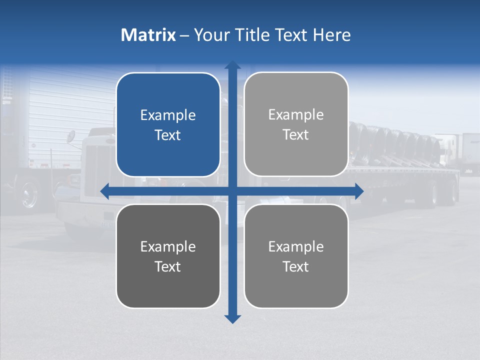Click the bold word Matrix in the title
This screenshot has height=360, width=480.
click(x=148, y=35)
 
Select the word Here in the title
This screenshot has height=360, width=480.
click(x=331, y=35)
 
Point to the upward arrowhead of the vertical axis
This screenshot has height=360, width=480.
click(x=232, y=65)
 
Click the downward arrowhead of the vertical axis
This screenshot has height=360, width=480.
click(x=232, y=318)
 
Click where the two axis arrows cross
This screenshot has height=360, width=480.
click(x=232, y=191)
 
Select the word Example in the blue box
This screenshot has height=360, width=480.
click(x=168, y=115)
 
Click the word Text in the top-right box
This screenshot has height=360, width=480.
click(x=296, y=135)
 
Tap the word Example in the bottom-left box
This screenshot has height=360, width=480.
click(x=168, y=247)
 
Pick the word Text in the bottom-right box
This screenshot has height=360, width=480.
click(x=296, y=266)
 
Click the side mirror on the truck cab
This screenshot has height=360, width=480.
click(x=71, y=136)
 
